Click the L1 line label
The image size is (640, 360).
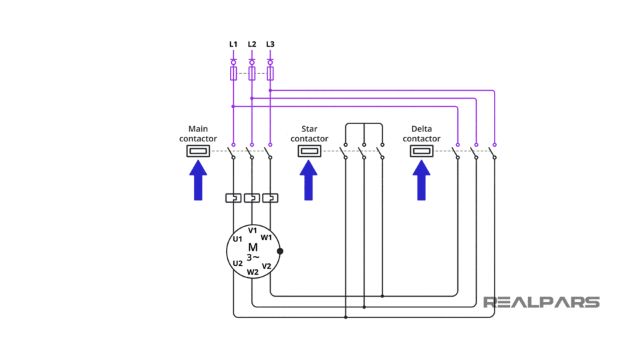(x=233, y=45)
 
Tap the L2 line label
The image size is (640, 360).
(x=251, y=45)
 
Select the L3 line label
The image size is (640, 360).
(x=270, y=45)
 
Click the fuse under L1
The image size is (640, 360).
(x=233, y=73)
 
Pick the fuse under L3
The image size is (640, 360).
(x=270, y=73)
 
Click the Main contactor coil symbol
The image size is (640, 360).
(x=198, y=151)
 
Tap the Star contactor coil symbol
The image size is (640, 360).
(x=309, y=151)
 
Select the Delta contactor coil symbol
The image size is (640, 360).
(x=421, y=151)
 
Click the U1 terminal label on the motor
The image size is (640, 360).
(x=237, y=239)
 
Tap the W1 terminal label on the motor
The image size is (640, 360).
(x=266, y=237)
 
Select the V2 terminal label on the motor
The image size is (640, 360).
(x=266, y=266)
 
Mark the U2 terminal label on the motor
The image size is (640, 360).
(x=237, y=263)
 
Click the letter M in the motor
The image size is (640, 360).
(x=253, y=247)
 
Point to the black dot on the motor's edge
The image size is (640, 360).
(x=280, y=251)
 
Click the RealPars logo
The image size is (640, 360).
(x=541, y=303)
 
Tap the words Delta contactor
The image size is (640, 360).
(x=421, y=134)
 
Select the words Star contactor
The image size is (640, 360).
(x=309, y=134)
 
